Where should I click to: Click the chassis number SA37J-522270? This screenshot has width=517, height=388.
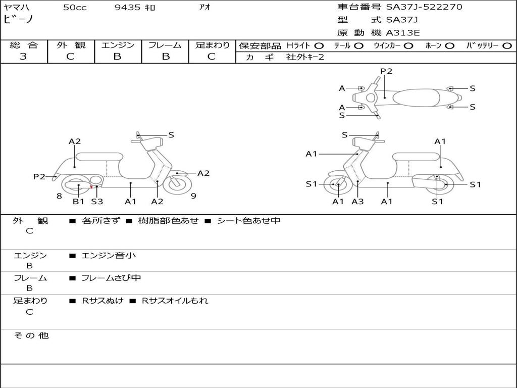pyautogui.click(x=424, y=7)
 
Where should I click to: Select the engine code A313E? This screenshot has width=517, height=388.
pyautogui.click(x=402, y=33)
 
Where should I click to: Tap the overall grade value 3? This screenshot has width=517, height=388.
pyautogui.click(x=23, y=57)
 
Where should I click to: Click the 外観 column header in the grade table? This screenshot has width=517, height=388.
pyautogui.click(x=71, y=45)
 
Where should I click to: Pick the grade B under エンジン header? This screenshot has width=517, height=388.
pyautogui.click(x=117, y=57)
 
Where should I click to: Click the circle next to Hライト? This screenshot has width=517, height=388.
pyautogui.click(x=319, y=46)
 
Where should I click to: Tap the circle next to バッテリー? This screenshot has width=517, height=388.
pyautogui.click(x=507, y=46)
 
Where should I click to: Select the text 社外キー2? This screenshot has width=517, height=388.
pyautogui.click(x=305, y=57)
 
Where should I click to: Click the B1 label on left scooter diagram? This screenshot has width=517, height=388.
pyautogui.click(x=78, y=201)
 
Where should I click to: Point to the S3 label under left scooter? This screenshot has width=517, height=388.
pyautogui.click(x=97, y=201)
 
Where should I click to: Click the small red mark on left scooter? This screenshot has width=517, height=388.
pyautogui.click(x=91, y=187)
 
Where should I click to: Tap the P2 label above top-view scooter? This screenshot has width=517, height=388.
pyautogui.click(x=386, y=71)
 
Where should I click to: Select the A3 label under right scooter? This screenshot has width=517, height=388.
pyautogui.click(x=357, y=201)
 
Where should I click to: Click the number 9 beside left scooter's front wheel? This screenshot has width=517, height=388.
pyautogui.click(x=193, y=196)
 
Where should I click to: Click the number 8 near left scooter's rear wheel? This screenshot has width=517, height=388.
pyautogui.click(x=59, y=196)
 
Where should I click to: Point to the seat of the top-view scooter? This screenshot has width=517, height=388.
pyautogui.click(x=416, y=98)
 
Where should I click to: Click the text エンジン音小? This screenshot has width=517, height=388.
pyautogui.click(x=108, y=255)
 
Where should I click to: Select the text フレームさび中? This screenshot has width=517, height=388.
pyautogui.click(x=111, y=278)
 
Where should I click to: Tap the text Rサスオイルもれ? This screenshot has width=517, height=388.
pyautogui.click(x=175, y=301)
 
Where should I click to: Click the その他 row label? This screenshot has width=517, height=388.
pyautogui.click(x=31, y=335)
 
